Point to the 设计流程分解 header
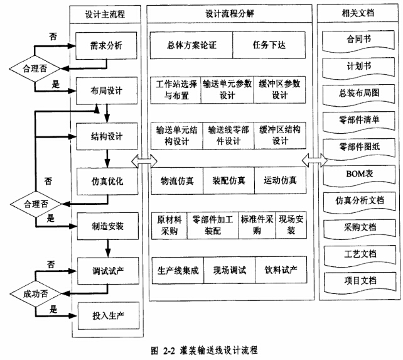tap(230, 14)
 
